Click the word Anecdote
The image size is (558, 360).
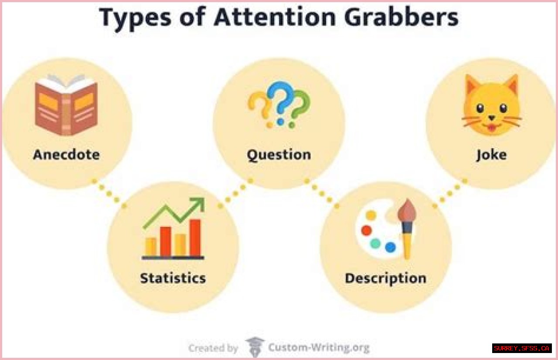[x=66, y=155]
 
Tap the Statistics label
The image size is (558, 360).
[x=173, y=278]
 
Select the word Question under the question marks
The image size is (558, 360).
[x=279, y=155]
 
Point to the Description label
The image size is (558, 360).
[x=385, y=278]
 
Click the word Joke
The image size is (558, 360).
[x=491, y=155]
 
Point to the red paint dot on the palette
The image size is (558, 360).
[x=366, y=230]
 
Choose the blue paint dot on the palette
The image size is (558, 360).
[x=391, y=247]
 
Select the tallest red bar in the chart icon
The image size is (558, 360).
[x=195, y=238]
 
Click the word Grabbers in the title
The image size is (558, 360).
[x=401, y=17]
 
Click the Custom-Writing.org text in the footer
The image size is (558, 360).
[x=319, y=348]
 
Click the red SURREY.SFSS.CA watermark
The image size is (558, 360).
[x=522, y=348]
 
